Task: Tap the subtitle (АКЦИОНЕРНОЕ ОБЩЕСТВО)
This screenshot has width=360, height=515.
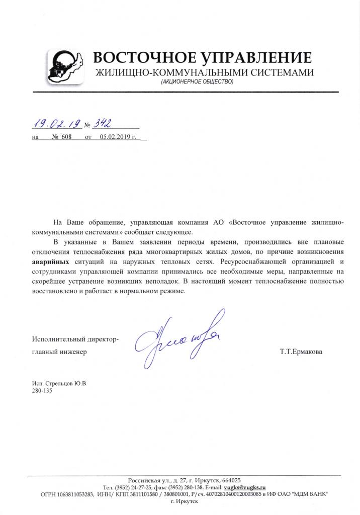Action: pyautogui.click(x=198, y=81)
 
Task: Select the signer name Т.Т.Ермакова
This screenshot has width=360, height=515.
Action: pyautogui.click(x=302, y=352)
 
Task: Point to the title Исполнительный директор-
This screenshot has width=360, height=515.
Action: pyautogui.click(x=75, y=340)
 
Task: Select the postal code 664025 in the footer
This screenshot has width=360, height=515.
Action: pyautogui.click(x=230, y=480)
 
